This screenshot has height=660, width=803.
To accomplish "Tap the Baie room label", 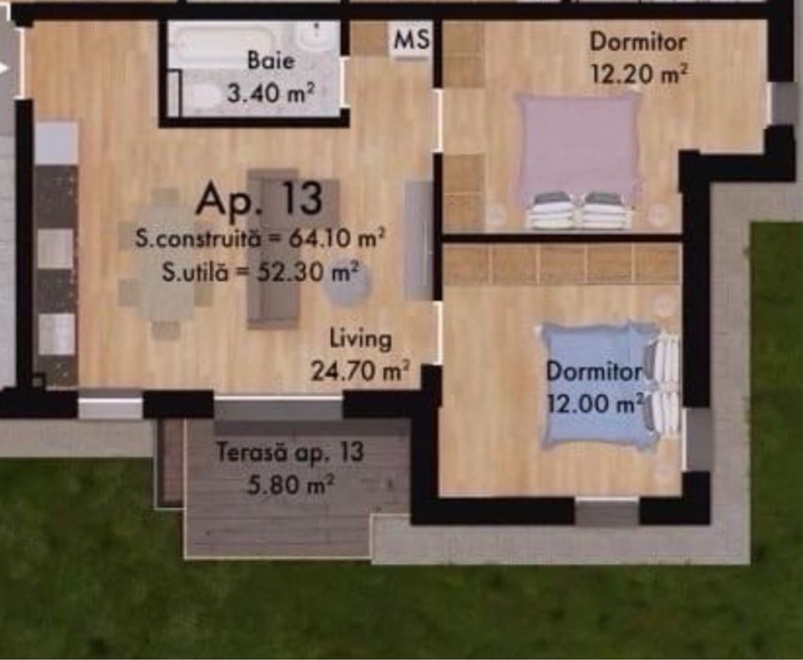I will (270, 61).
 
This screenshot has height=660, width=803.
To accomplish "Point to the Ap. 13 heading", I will (259, 199).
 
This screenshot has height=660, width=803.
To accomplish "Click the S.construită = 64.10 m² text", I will (259, 239).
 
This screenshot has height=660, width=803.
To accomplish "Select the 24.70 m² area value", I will (360, 370).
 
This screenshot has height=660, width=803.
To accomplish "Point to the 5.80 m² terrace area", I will (289, 486).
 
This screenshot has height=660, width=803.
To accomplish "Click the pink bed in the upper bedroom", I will (578, 151).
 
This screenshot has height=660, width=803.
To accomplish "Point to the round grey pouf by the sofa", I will (347, 287).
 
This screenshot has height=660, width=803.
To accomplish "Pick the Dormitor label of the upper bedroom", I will (638, 41).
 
